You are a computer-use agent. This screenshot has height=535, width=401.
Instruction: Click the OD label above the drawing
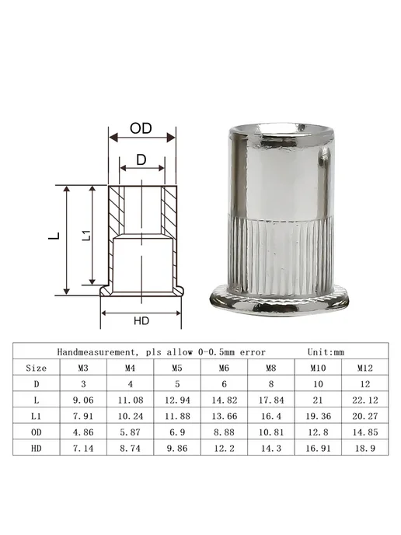(141, 128)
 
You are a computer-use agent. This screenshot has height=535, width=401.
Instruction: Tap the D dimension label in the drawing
(141, 159)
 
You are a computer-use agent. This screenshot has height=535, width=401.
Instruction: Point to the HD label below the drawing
(141, 320)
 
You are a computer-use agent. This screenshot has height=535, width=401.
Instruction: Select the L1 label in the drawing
(87, 235)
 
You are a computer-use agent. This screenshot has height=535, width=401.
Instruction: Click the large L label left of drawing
(54, 236)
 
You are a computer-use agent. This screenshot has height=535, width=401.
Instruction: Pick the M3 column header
(83, 368)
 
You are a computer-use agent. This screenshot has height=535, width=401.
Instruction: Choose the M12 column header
(365, 368)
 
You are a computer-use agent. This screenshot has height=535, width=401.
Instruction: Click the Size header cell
(37, 368)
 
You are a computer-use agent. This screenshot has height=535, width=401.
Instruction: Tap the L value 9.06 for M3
(83, 400)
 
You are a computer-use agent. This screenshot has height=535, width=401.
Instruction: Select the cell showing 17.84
(271, 400)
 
